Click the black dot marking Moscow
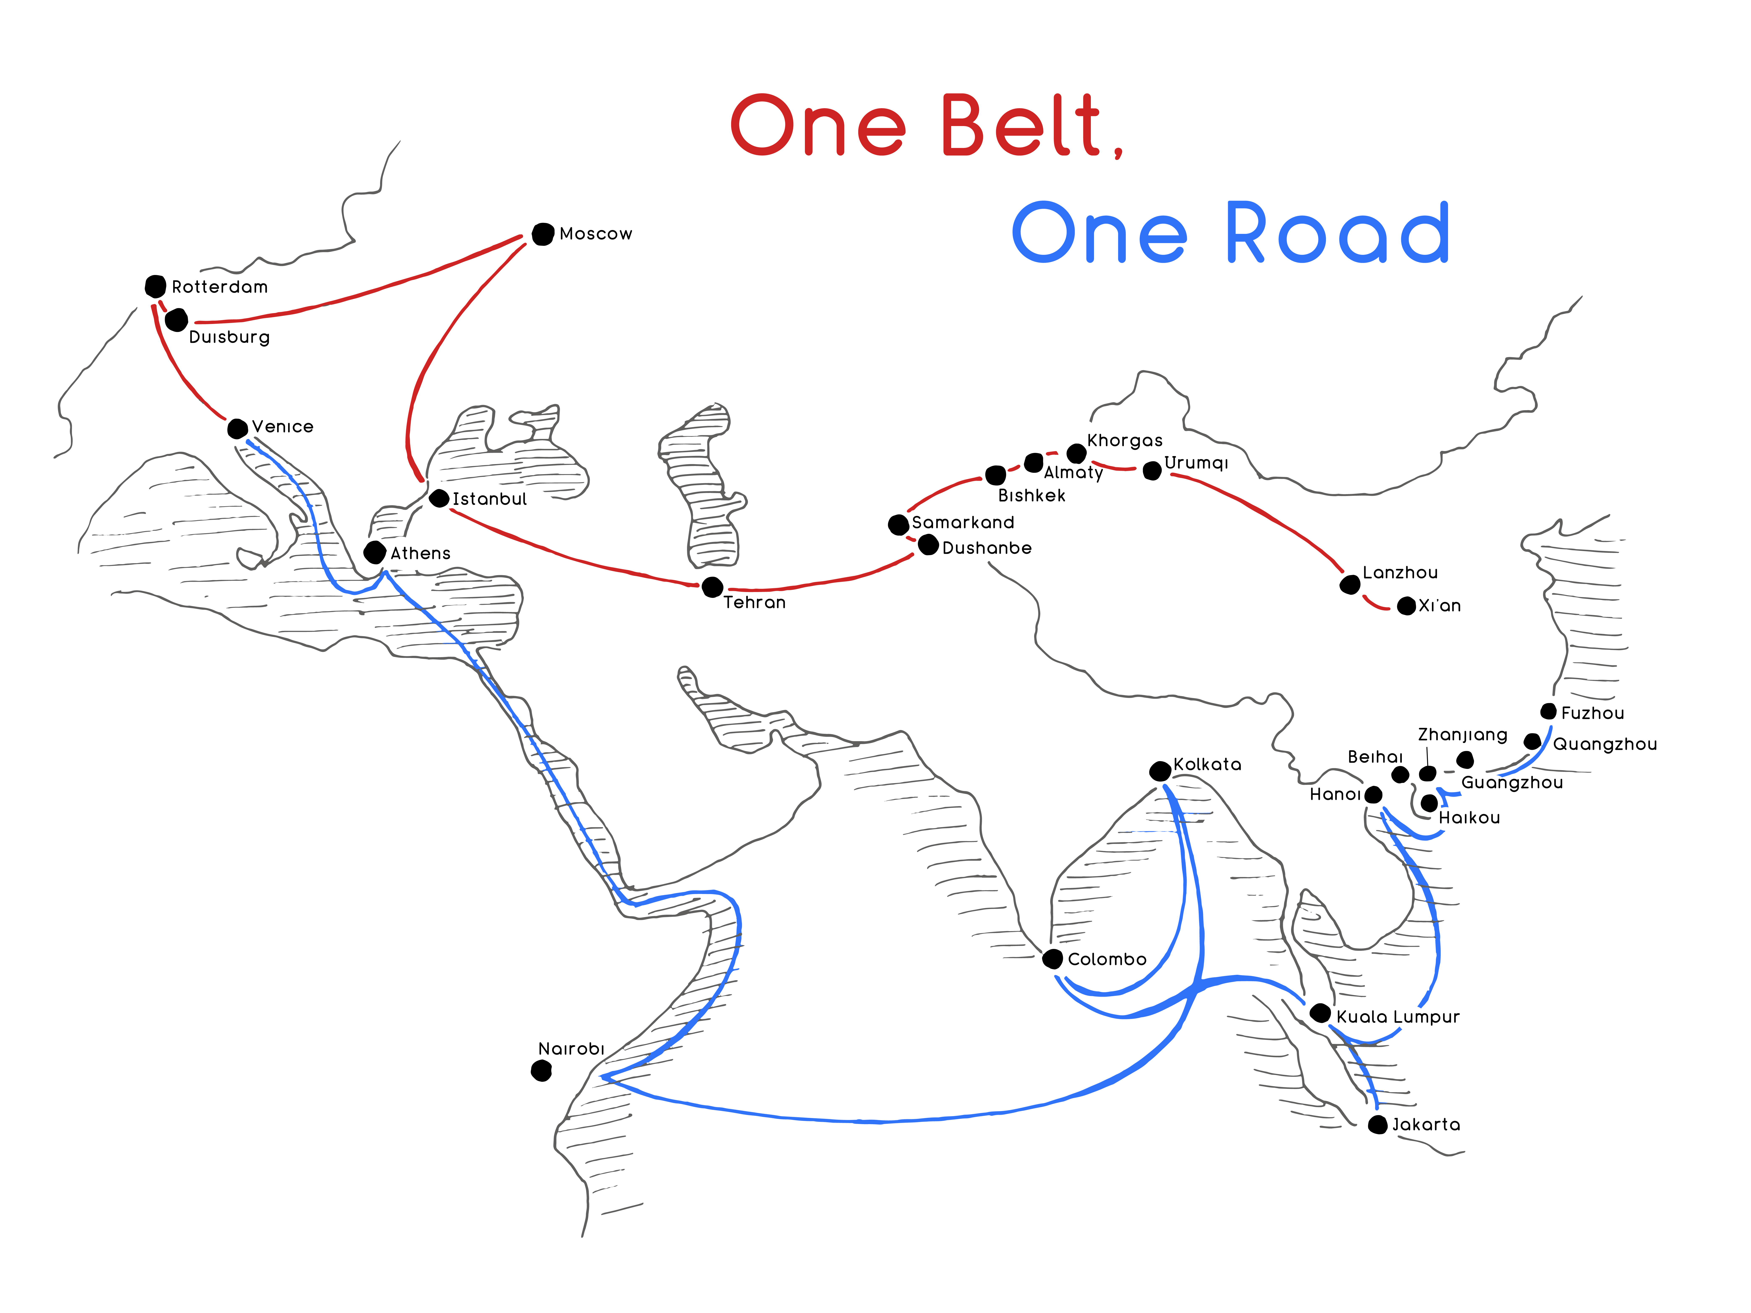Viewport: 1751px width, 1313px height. pos(543,234)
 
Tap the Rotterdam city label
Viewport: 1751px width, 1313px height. pos(220,287)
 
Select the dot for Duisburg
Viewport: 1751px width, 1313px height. pos(176,320)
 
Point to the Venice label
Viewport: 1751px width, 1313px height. pos(283,427)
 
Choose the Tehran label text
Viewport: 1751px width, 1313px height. pos(754,602)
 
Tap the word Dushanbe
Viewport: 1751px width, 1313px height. pos(987,548)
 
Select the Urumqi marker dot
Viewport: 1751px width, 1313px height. pos(1153,471)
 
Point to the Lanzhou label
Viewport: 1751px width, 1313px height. pos(1400,572)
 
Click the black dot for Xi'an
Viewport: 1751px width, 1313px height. pos(1407,606)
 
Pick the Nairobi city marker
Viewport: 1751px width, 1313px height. pos(541,1071)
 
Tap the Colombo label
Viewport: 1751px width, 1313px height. pos(1107,959)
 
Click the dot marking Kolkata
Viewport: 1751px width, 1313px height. pos(1160,771)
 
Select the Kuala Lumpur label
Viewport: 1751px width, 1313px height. pos(1398,1017)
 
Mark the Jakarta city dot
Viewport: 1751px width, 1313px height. pos(1378,1125)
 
